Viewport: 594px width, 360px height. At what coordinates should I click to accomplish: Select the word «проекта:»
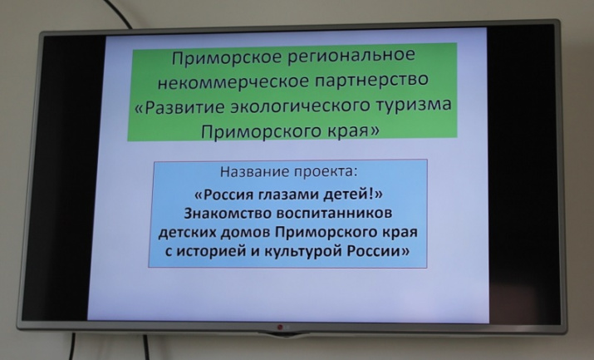326,172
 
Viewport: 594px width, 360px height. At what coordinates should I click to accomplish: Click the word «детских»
187,232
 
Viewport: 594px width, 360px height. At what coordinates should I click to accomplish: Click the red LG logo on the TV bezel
281,328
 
